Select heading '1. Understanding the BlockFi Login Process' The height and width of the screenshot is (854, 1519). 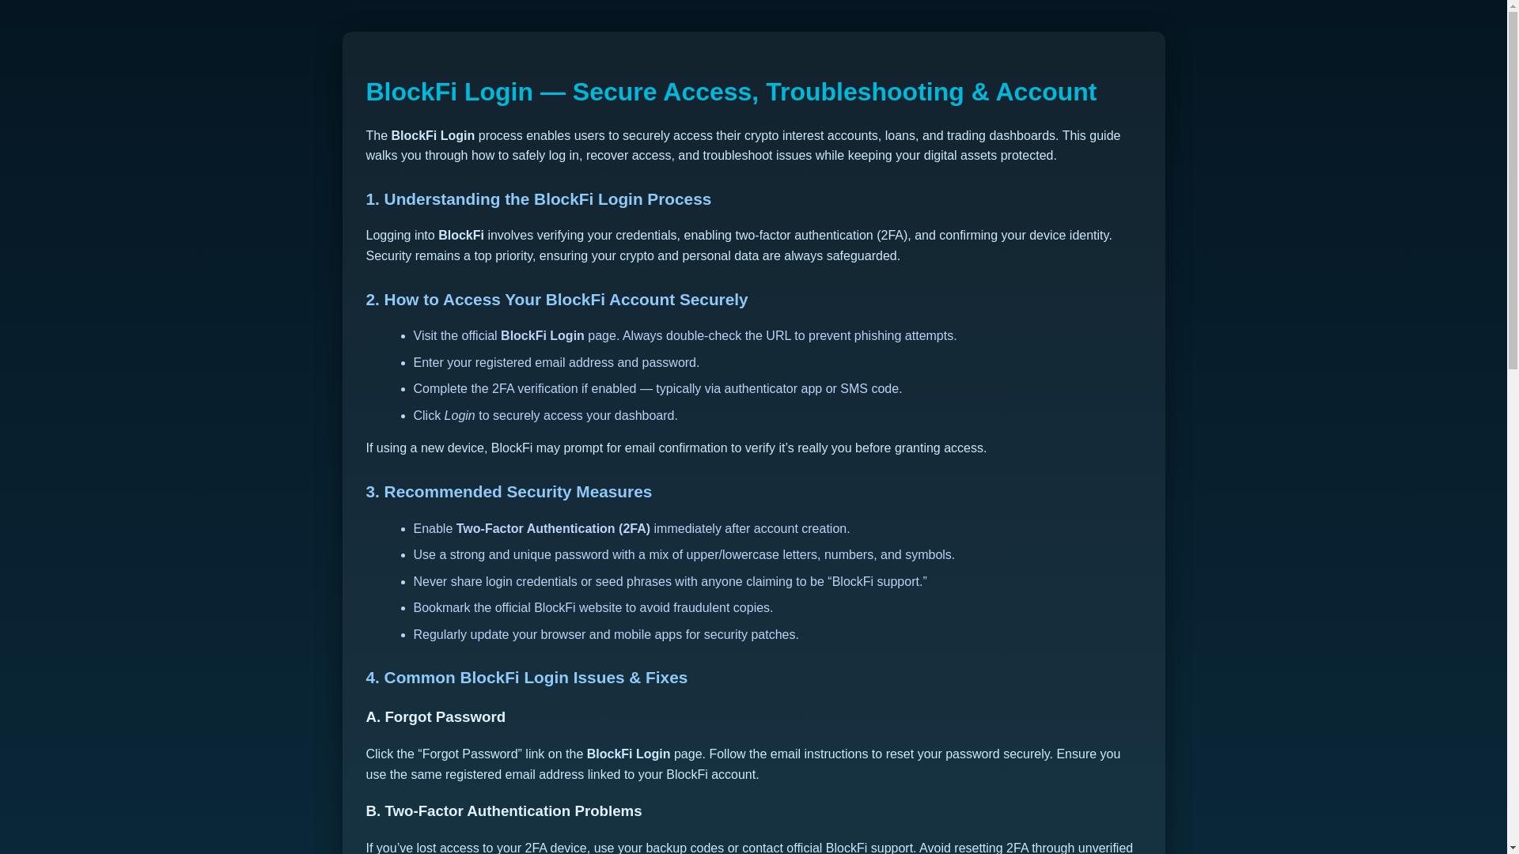(x=538, y=199)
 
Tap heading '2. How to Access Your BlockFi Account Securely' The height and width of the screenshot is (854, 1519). (x=556, y=300)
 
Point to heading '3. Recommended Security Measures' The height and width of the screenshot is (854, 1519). (x=508, y=492)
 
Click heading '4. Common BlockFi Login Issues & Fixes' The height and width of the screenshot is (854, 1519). (x=526, y=678)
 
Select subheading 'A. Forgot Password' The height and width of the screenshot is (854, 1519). (x=435, y=717)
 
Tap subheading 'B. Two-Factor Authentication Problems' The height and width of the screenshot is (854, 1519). (x=503, y=811)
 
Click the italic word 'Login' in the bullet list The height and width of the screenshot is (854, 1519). (x=460, y=416)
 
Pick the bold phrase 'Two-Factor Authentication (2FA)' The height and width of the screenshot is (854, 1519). (x=553, y=529)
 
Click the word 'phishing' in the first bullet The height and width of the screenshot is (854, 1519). (x=877, y=336)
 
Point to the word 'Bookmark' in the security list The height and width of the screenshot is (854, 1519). (x=441, y=608)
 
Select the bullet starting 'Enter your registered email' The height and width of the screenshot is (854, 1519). (x=555, y=363)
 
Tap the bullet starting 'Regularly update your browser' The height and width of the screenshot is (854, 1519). (x=605, y=635)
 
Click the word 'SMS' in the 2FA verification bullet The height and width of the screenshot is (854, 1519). (x=854, y=389)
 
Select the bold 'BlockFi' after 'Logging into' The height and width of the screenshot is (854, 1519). (x=461, y=236)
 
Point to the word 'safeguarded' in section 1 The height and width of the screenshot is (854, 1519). (x=862, y=256)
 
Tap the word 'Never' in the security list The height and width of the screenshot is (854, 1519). (x=430, y=582)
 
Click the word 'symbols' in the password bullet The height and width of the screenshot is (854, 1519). (x=928, y=555)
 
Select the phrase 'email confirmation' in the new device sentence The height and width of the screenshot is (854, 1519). (x=676, y=448)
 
